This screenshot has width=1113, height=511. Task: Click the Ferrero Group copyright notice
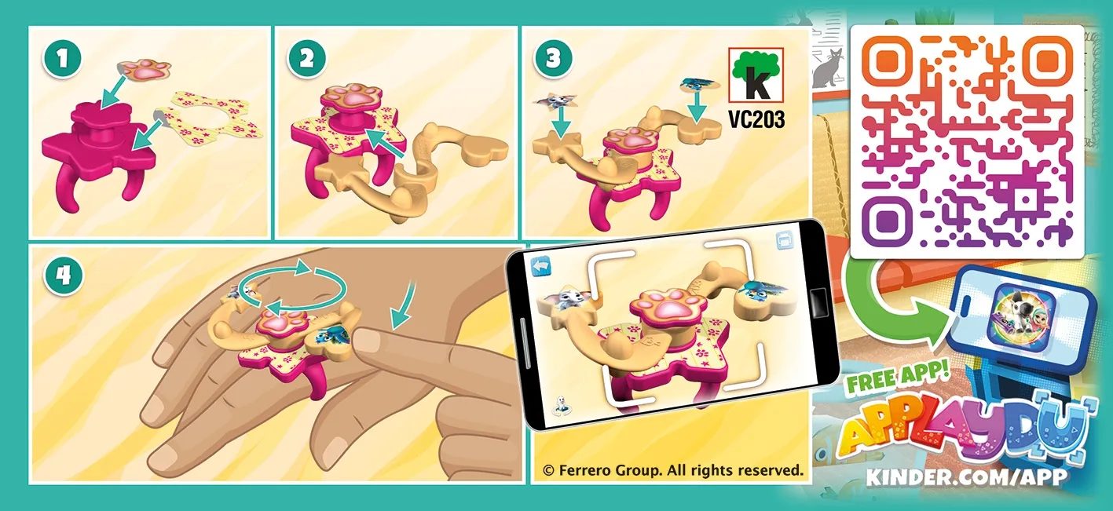(x=672, y=471)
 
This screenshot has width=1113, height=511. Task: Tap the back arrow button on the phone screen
(x=540, y=265)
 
